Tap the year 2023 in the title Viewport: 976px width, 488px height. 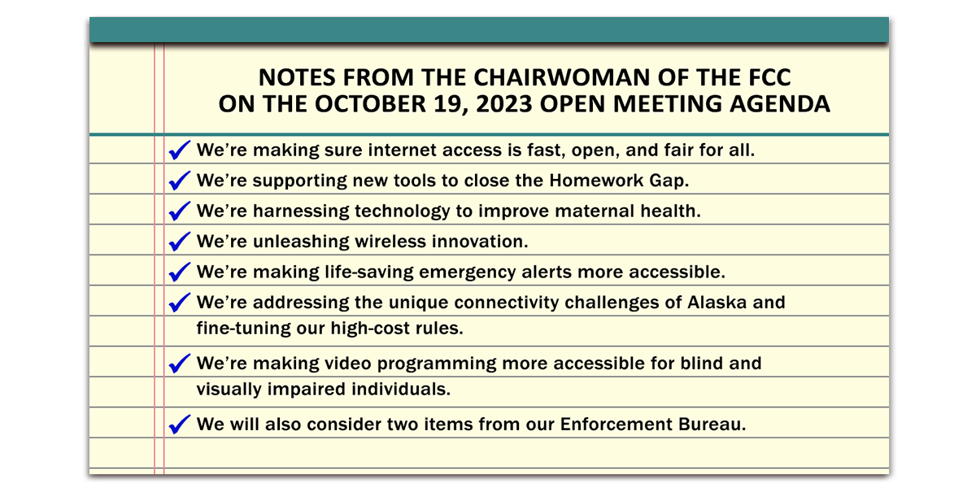tap(504, 104)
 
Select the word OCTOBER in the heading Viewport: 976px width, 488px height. tap(370, 104)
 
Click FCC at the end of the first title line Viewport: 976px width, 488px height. tap(769, 77)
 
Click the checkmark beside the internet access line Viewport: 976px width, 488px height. tap(180, 150)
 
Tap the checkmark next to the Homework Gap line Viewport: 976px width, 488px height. tap(180, 181)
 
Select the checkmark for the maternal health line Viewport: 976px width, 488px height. tap(180, 211)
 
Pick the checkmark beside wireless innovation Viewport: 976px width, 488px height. tap(180, 242)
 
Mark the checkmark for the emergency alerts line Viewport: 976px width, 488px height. tap(180, 272)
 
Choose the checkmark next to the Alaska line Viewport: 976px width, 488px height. tap(180, 303)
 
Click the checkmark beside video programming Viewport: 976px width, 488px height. tap(180, 364)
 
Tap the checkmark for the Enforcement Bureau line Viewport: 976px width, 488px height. tap(180, 425)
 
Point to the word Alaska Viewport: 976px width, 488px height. tap(717, 303)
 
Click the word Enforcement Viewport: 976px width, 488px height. tap(617, 425)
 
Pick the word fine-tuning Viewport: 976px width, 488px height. tap(243, 329)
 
